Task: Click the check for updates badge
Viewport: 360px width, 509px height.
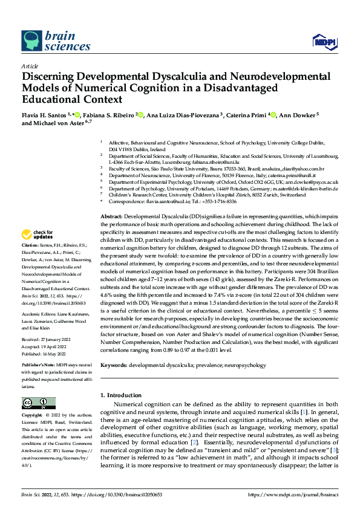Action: click(x=38, y=235)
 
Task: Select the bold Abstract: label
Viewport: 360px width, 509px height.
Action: click(x=112, y=216)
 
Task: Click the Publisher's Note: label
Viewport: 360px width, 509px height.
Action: click(x=40, y=365)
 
